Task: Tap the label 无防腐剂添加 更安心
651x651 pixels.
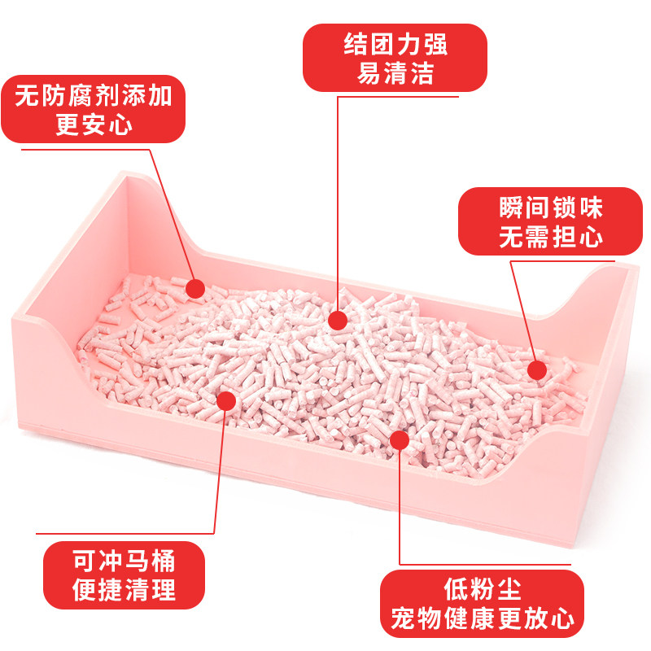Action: tap(94, 110)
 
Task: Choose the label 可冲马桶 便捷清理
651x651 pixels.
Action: tap(124, 575)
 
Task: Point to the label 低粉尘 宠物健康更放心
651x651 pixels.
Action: tap(482, 603)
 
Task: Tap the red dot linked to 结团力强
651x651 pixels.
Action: tap(339, 319)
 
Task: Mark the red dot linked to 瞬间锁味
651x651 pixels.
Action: tap(536, 370)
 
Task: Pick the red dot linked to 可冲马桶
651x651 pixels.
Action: tap(227, 400)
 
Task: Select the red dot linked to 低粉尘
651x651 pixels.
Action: tap(399, 439)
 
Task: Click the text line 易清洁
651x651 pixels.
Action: tap(395, 74)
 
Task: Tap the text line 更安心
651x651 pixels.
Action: tap(94, 126)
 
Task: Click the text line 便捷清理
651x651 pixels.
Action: tap(124, 591)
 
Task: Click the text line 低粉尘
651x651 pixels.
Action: tap(482, 588)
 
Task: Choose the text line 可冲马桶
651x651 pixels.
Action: tap(124, 560)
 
